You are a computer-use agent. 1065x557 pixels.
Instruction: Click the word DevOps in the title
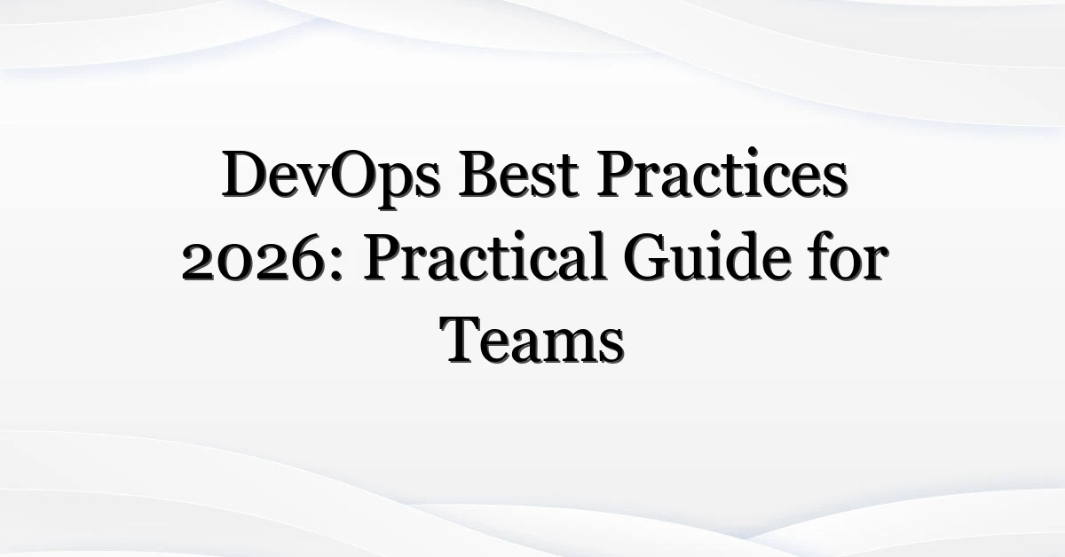coord(331,177)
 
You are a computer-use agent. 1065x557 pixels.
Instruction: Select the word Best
coord(518,174)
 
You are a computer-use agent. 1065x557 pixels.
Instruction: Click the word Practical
coord(485,256)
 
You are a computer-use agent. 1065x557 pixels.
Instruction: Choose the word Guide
coord(704,256)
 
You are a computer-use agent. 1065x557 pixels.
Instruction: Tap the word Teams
coord(532,341)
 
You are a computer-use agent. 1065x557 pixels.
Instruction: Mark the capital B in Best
coord(479,174)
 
